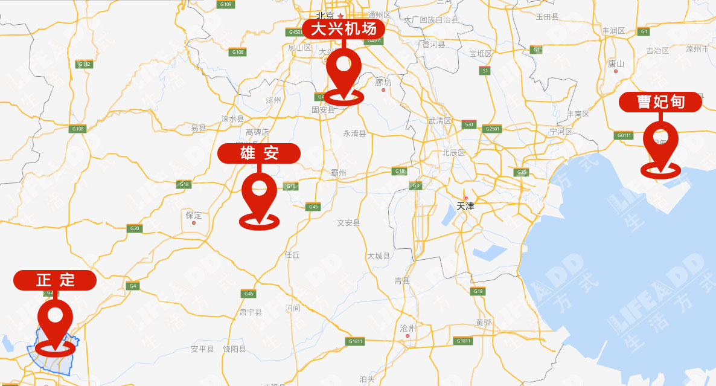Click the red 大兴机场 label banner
click(x=344, y=28)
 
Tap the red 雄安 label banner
click(x=259, y=153)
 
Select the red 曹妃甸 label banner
click(x=660, y=102)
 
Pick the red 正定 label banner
click(x=55, y=280)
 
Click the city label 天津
click(x=465, y=206)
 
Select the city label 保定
click(x=194, y=215)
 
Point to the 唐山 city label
click(x=616, y=63)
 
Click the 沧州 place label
click(x=408, y=328)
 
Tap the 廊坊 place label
click(x=383, y=82)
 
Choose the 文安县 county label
click(x=348, y=223)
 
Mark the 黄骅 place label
click(x=484, y=322)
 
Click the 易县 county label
click(x=199, y=128)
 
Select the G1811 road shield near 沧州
click(x=356, y=341)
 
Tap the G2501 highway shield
click(x=493, y=129)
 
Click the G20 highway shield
click(x=134, y=228)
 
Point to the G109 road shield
click(x=226, y=4)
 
